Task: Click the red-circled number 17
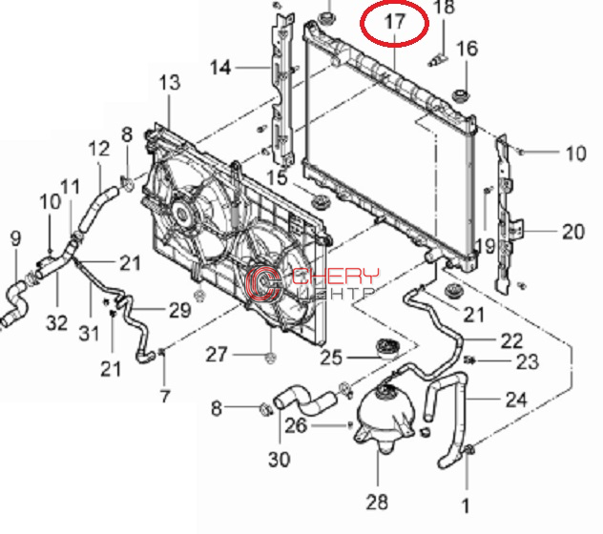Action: coord(395,22)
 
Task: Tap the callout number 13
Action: coord(170,82)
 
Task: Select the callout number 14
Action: coord(220,68)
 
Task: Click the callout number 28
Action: coord(377,502)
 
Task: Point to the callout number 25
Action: coord(331,358)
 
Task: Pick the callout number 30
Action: coord(280,459)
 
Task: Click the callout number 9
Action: coord(15,238)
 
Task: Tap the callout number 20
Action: coord(573,232)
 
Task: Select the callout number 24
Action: coord(516,400)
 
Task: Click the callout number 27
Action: coord(217,355)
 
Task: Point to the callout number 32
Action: coord(57,322)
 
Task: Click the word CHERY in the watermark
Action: coord(335,276)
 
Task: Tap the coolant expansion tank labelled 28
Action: coord(385,415)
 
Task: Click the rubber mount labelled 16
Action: coord(461,96)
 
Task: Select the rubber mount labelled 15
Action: coord(320,202)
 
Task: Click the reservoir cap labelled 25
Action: coord(388,347)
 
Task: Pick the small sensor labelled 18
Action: coord(438,60)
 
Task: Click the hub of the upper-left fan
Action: coord(181,213)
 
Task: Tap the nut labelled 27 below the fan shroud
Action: coord(271,359)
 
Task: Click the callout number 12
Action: coord(99,149)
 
